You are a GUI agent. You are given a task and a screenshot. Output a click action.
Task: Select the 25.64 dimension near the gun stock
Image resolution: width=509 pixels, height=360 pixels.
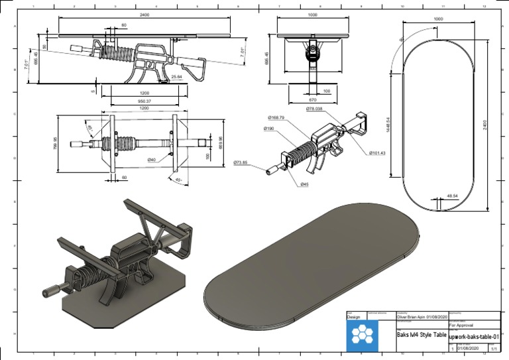(177, 77)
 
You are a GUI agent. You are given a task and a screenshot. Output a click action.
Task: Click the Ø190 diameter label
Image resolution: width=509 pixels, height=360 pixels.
(268, 128)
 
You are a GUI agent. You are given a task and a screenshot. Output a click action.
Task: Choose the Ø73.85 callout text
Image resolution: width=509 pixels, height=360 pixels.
(241, 162)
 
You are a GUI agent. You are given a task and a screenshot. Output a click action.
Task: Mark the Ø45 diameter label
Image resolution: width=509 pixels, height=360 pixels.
(304, 184)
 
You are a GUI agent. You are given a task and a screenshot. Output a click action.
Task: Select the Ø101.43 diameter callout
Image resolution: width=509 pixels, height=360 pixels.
(377, 153)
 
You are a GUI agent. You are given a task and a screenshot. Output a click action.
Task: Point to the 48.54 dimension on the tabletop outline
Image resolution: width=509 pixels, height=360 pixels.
(453, 196)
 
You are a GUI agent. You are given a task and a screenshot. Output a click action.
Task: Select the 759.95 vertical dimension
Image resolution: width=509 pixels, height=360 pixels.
(55, 143)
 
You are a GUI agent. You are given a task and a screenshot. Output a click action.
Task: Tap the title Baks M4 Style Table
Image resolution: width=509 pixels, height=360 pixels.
(421, 335)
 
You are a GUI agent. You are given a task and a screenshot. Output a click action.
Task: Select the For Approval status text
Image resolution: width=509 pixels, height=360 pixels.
(461, 326)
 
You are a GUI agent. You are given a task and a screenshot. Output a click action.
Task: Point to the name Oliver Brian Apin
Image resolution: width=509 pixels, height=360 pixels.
(414, 317)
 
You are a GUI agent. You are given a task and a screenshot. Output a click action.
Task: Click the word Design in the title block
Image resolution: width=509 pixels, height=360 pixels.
(353, 317)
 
